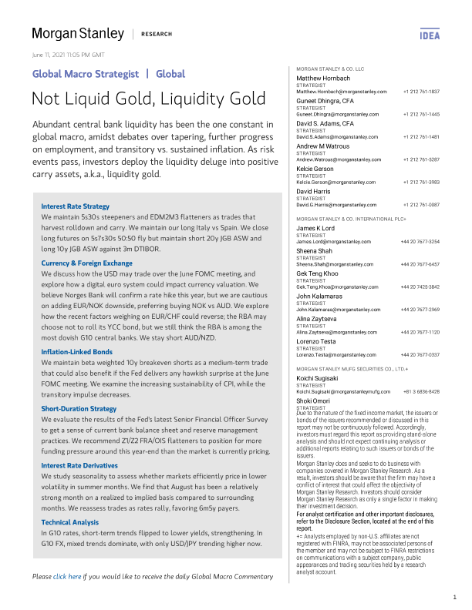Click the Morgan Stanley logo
click(x=77, y=34)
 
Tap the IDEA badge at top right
click(x=430, y=35)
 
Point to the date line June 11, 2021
click(x=68, y=55)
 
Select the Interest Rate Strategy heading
click(x=75, y=206)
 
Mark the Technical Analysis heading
click(x=71, y=501)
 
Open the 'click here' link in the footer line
click(x=67, y=555)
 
